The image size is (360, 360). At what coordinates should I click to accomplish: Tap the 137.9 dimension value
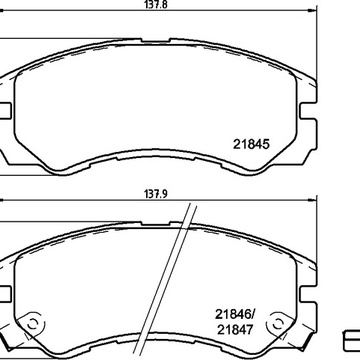[x=155, y=194]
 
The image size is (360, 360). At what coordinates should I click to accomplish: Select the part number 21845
[x=251, y=144]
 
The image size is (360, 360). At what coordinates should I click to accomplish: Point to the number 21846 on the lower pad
[x=232, y=314]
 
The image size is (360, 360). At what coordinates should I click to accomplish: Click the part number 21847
[x=235, y=329]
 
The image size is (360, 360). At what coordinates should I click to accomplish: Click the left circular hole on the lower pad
[x=33, y=323]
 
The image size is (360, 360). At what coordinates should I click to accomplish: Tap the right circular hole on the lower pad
[x=277, y=323]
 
